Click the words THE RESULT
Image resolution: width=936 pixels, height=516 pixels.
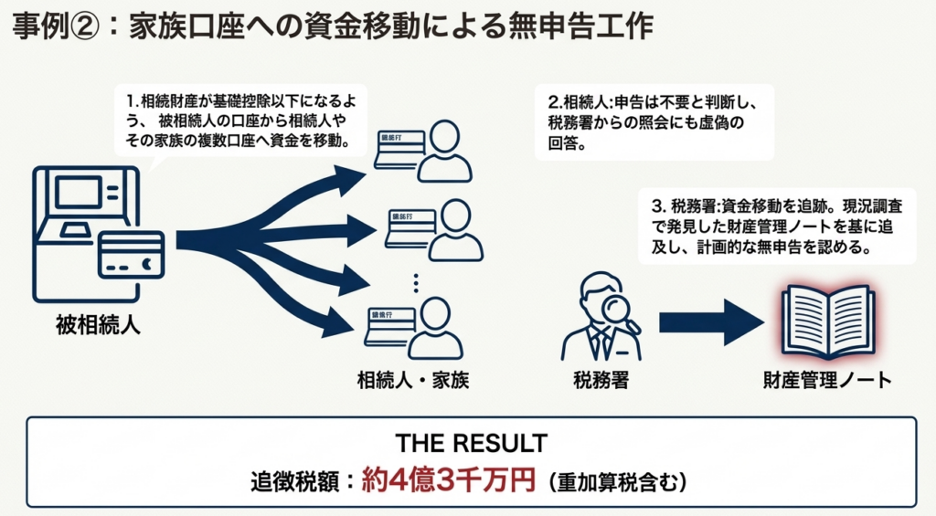tap(471, 444)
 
